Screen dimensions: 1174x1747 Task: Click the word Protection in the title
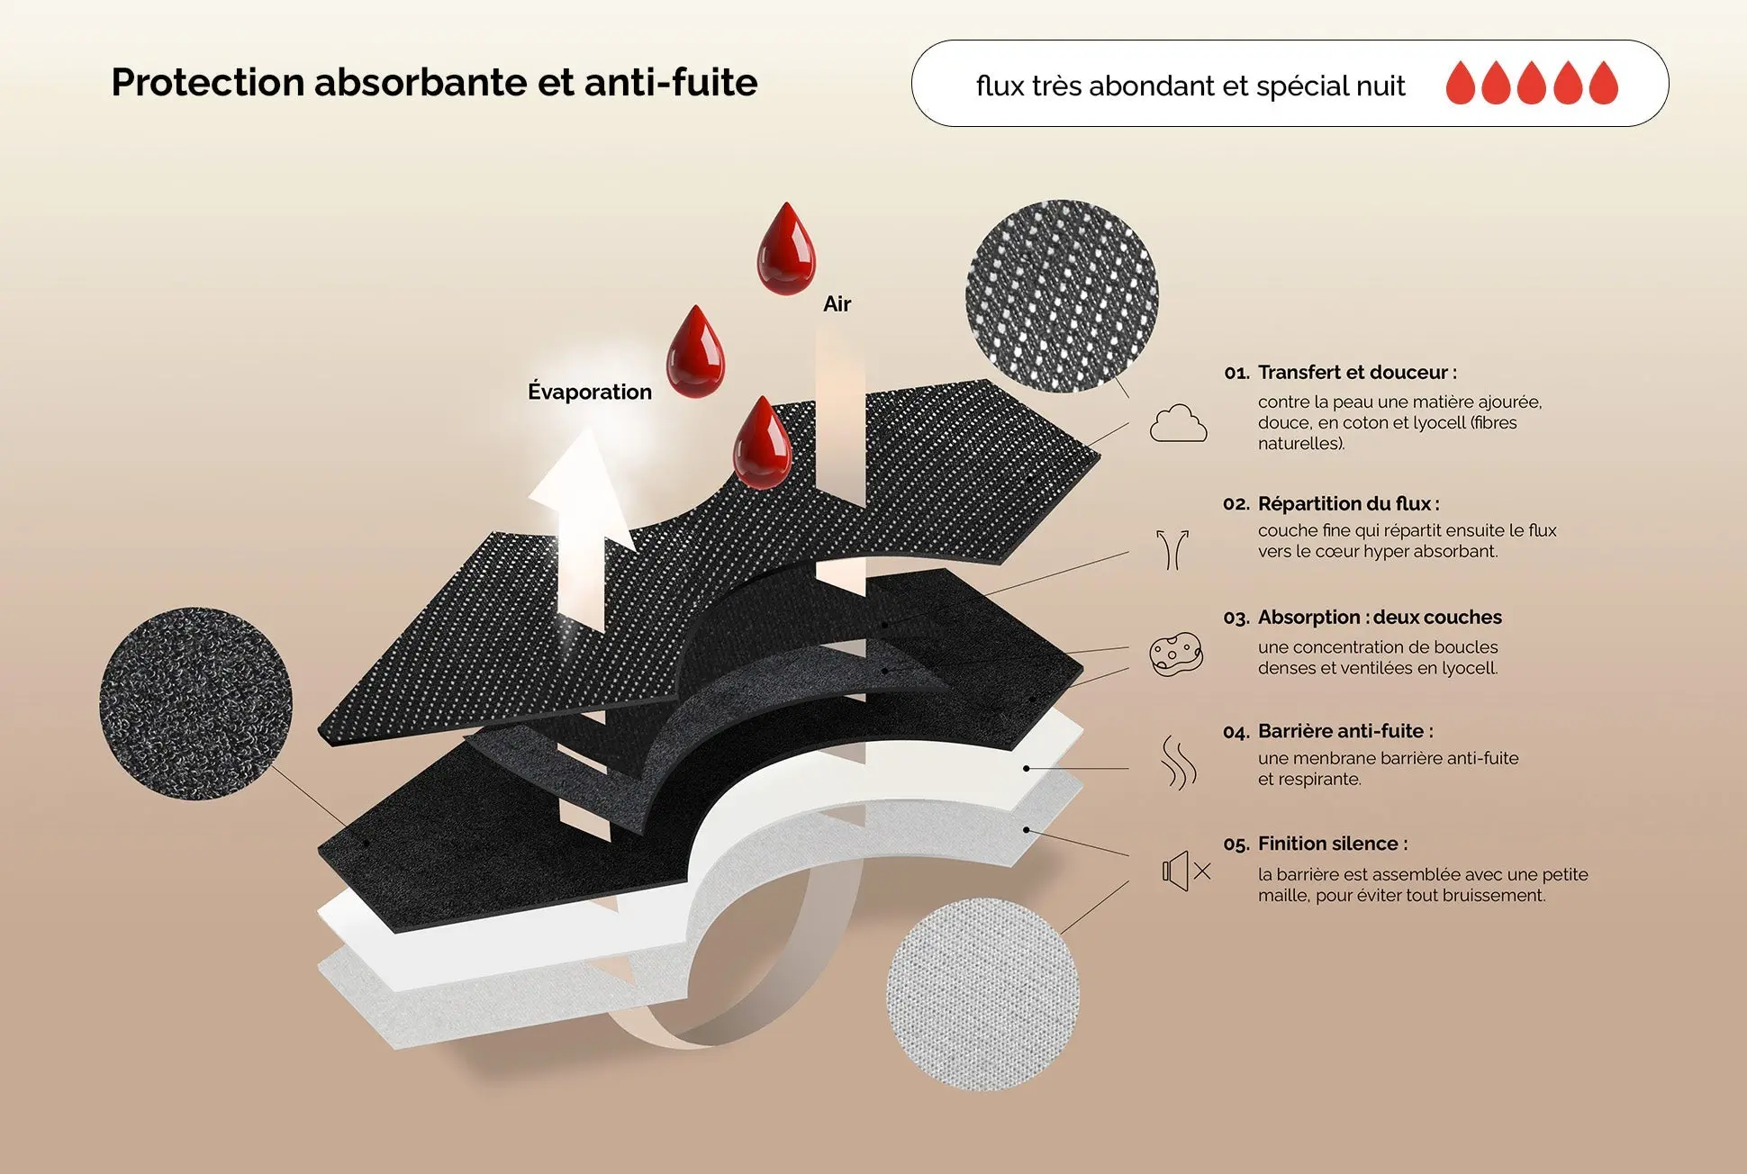point(207,83)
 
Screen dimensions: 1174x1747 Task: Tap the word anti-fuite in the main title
point(671,83)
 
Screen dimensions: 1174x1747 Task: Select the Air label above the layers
point(837,304)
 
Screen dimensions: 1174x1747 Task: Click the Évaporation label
point(590,392)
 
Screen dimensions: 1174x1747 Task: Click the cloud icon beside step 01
point(1178,423)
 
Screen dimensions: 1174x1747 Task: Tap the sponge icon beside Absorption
point(1176,655)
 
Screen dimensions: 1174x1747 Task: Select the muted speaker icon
point(1185,871)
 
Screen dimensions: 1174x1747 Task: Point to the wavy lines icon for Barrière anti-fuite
point(1178,763)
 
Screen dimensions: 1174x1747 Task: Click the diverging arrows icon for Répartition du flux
point(1172,549)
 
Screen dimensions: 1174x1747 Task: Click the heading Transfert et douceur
point(1356,373)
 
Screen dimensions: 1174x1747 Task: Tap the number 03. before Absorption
point(1236,619)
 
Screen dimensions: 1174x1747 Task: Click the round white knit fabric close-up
point(982,994)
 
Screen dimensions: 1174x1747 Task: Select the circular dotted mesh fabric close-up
point(1062,295)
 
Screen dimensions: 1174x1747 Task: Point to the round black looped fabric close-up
point(195,703)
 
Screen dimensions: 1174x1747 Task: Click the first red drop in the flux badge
point(1461,84)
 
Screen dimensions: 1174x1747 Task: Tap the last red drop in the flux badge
point(1604,84)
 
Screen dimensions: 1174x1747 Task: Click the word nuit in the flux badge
point(1380,86)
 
